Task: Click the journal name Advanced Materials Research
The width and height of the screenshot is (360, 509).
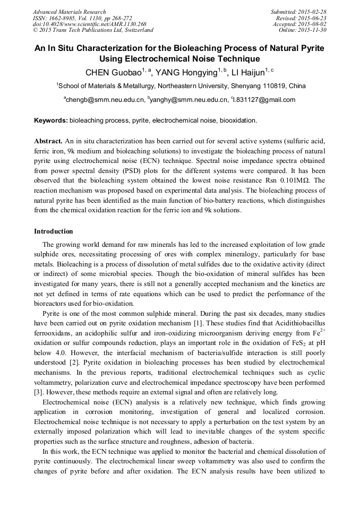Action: tap(69, 12)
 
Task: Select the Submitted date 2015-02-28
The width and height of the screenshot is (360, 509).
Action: tap(313, 12)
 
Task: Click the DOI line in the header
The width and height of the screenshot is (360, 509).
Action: tap(89, 24)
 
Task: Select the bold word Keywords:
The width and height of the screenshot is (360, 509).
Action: tap(51, 120)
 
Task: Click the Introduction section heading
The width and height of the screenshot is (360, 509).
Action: tap(54, 231)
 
